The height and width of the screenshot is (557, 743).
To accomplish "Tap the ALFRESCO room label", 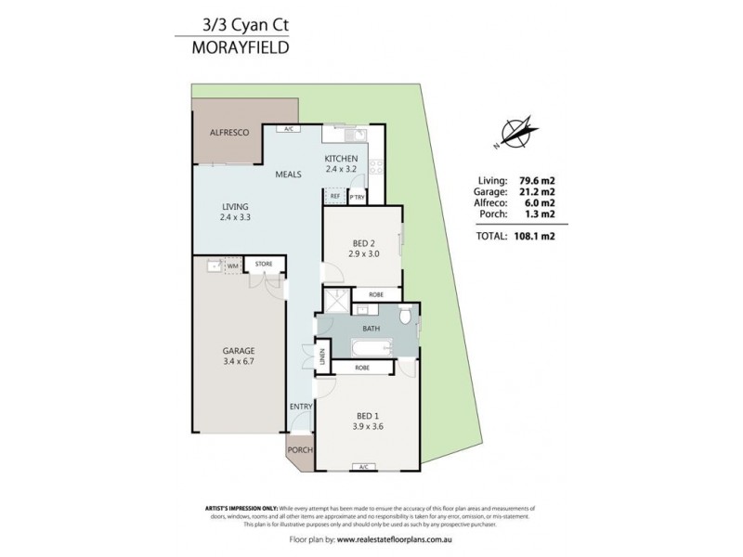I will click(227, 134).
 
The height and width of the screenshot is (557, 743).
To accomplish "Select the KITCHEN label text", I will click(342, 159).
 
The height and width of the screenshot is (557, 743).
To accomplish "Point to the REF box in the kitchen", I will click(334, 197).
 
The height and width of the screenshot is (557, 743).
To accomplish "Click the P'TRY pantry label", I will click(357, 197).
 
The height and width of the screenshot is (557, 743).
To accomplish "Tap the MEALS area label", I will click(287, 175).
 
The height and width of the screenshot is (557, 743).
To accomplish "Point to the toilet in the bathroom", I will click(405, 317).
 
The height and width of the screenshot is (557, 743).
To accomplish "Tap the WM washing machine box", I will click(230, 266).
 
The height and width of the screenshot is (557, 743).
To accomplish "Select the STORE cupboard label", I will click(264, 265).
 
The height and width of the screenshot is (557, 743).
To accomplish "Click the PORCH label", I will click(299, 450).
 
